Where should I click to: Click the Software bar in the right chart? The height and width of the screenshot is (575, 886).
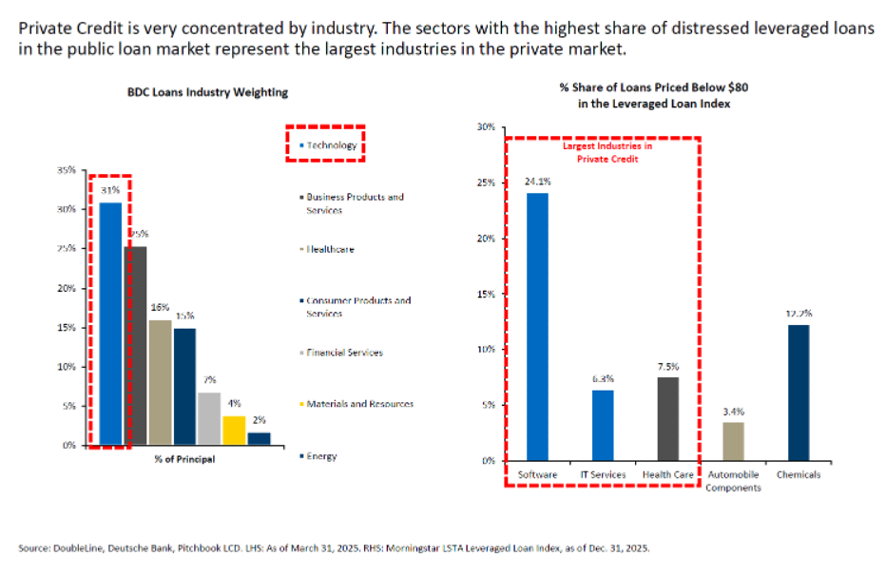(x=538, y=326)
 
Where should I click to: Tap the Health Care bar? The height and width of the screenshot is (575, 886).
(x=668, y=418)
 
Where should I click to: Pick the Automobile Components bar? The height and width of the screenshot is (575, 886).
(x=732, y=441)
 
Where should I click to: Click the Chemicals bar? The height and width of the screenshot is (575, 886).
(x=798, y=392)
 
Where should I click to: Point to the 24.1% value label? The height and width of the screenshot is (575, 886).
(x=537, y=182)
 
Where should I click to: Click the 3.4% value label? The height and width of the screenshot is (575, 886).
(x=732, y=412)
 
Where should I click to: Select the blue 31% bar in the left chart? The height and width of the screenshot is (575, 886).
(x=110, y=323)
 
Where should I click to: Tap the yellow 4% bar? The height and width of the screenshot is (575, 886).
(x=234, y=430)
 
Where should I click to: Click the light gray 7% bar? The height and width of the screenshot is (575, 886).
(x=209, y=418)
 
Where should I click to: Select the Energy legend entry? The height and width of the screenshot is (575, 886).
(x=321, y=456)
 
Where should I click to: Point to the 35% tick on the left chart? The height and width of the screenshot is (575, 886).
(x=67, y=170)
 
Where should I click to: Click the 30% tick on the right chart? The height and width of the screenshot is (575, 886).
(x=486, y=126)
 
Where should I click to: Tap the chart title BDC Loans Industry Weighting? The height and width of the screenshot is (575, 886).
(x=207, y=92)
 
